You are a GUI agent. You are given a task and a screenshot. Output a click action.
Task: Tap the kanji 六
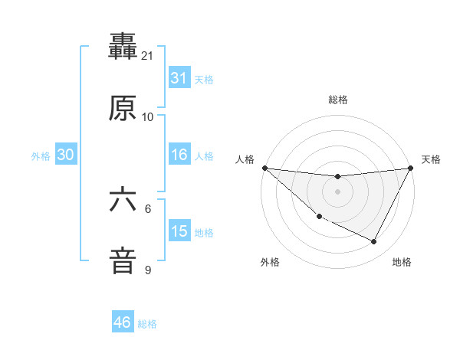click(x=123, y=201)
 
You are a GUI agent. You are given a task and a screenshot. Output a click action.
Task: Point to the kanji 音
click(x=123, y=260)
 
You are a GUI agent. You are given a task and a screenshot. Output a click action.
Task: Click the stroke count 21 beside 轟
click(x=147, y=56)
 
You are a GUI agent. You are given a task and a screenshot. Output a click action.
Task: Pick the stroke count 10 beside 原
click(x=147, y=117)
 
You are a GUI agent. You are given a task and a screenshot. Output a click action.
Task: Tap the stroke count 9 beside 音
click(x=148, y=270)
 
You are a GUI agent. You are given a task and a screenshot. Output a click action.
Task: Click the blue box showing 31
click(x=179, y=78)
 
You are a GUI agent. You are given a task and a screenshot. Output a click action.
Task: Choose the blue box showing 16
click(x=179, y=155)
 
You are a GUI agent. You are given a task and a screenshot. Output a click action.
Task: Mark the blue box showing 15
click(x=179, y=231)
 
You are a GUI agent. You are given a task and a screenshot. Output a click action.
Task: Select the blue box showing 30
click(x=66, y=155)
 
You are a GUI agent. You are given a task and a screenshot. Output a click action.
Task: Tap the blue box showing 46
click(x=123, y=322)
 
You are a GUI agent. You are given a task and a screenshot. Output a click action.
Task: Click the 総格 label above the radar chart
click(x=338, y=100)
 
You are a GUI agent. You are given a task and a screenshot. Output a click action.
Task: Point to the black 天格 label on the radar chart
click(x=431, y=159)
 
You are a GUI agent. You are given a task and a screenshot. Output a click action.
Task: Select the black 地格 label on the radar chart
click(x=402, y=262)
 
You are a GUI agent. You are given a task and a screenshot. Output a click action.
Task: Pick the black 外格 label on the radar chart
click(x=270, y=262)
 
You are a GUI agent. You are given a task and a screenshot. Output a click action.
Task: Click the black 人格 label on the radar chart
click(x=245, y=159)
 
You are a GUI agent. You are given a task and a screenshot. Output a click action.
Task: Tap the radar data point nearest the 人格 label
click(x=264, y=168)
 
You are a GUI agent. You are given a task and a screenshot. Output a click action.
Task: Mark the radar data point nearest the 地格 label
click(x=374, y=242)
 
